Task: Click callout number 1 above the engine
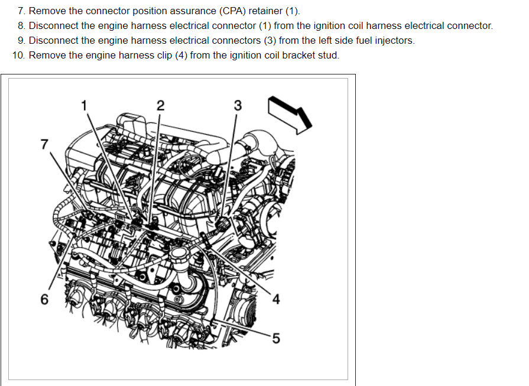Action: (x=84, y=105)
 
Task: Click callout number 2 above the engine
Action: (x=160, y=105)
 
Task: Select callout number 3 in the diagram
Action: (x=238, y=105)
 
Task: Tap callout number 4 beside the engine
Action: (x=275, y=300)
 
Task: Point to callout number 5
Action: (x=275, y=338)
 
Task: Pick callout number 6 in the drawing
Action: (x=44, y=299)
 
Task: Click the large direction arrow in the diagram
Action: (x=290, y=113)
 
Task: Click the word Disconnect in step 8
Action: (x=52, y=26)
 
